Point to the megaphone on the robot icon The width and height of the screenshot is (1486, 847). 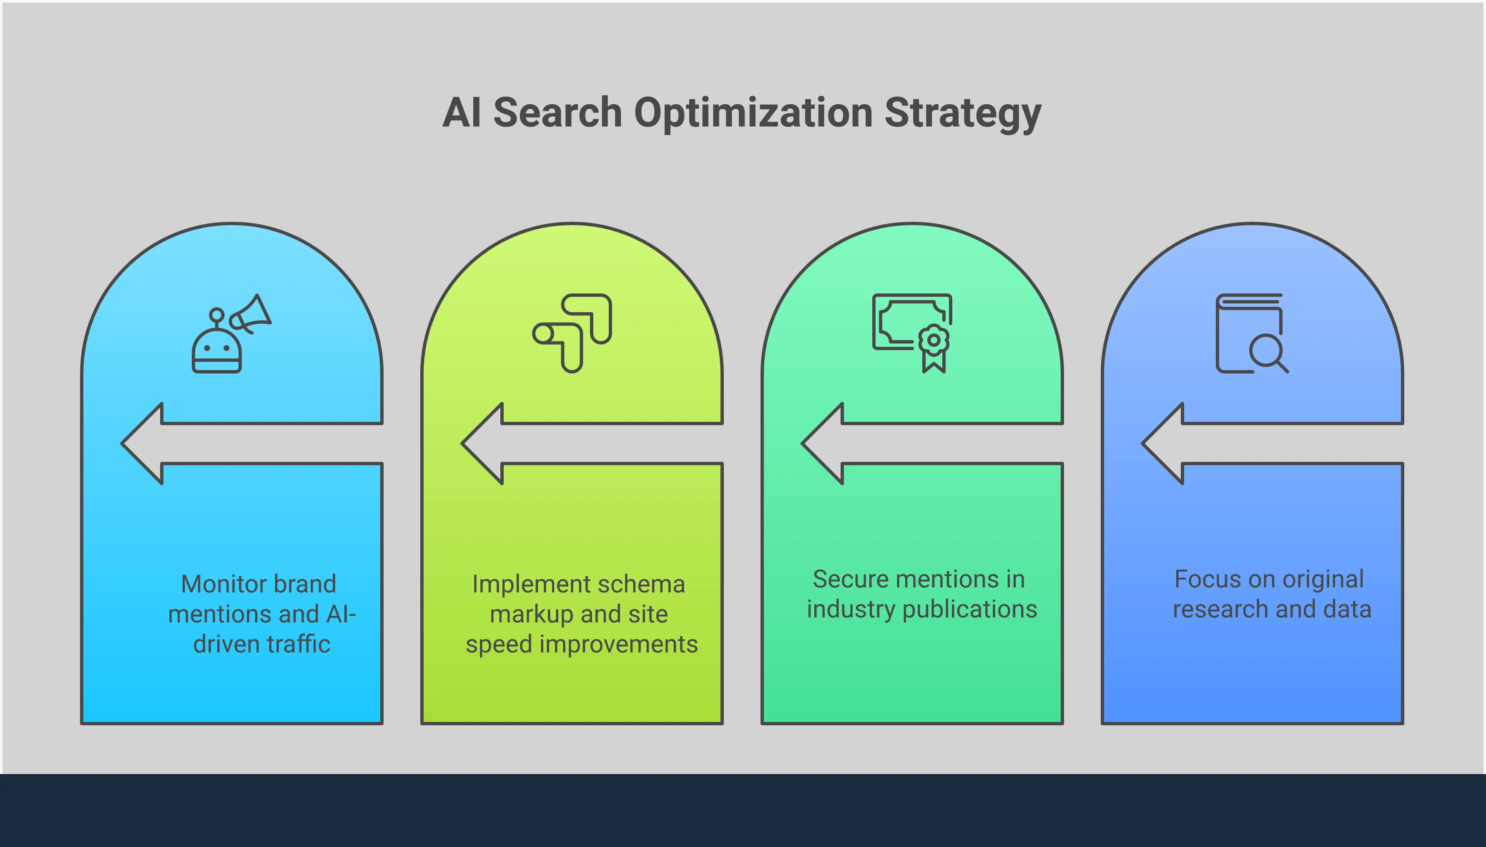tap(251, 315)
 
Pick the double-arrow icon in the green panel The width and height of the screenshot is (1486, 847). tap(572, 333)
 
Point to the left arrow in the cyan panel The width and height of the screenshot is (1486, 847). tap(143, 443)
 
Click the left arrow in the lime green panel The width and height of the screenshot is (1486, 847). tap(483, 443)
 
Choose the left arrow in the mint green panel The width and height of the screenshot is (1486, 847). tap(823, 443)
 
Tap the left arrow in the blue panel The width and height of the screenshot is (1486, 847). tap(1164, 443)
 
